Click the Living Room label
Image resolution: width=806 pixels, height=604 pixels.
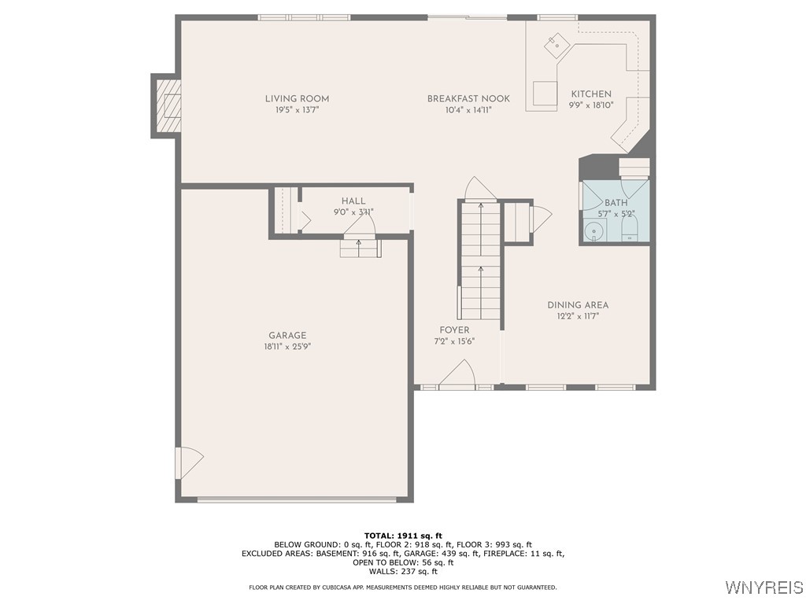(x=297, y=98)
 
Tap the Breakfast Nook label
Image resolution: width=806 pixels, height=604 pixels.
(x=468, y=98)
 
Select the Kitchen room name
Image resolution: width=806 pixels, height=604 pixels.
(x=591, y=94)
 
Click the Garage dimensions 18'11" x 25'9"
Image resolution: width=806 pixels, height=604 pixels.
(x=287, y=347)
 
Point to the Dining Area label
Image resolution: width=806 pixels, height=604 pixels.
(x=578, y=305)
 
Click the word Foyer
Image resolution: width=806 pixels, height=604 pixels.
(x=454, y=330)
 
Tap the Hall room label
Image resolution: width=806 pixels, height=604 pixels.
(x=353, y=201)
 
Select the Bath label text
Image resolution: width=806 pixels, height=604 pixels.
(x=616, y=203)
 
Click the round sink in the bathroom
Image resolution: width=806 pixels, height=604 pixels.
(x=594, y=232)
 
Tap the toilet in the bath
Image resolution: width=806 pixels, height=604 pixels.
(x=630, y=227)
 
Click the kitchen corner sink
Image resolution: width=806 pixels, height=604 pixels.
(x=556, y=44)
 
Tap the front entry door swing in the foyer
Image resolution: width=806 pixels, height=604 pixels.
(x=457, y=372)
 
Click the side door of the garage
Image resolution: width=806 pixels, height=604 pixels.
(x=190, y=463)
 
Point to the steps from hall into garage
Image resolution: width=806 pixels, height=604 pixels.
(x=360, y=248)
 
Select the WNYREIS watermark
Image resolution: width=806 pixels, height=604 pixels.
(x=764, y=587)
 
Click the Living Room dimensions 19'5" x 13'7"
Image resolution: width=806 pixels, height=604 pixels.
(x=297, y=110)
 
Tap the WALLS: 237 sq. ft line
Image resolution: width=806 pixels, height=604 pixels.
(x=403, y=571)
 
